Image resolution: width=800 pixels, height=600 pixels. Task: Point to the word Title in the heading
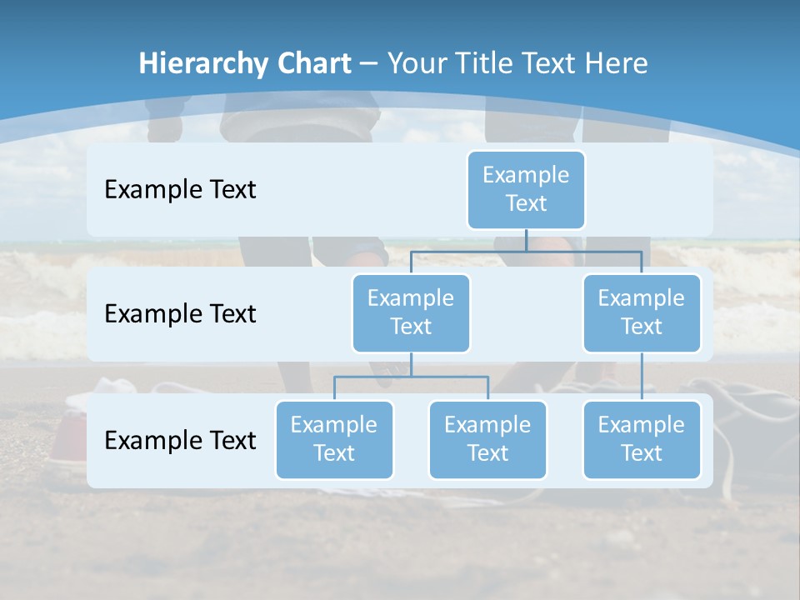coord(487,64)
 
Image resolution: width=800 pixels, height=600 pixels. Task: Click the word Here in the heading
coord(614,64)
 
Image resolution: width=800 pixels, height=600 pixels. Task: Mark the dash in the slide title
coord(369,65)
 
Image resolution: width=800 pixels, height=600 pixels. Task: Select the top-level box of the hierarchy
coord(526,189)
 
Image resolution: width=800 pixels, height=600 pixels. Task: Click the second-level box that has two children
coord(411,312)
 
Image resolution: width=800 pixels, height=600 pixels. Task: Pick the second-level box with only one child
coord(642,312)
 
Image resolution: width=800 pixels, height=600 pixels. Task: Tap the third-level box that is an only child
coord(642,439)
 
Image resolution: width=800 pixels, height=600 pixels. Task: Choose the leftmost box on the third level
coord(334,439)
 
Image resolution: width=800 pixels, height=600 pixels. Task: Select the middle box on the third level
coord(487,439)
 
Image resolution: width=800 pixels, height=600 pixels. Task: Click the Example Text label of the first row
coord(180,190)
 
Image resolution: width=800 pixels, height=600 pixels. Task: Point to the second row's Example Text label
coord(180,314)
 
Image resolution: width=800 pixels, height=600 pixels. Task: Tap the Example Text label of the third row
coord(180,441)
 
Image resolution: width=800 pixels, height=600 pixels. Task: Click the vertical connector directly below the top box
coord(526,240)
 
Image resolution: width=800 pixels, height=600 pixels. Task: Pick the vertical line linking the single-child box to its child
coord(642,377)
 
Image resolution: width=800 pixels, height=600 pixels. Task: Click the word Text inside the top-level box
coord(526,203)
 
